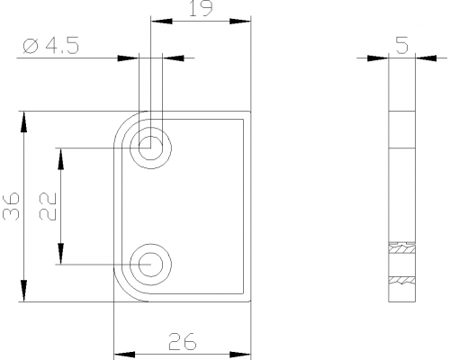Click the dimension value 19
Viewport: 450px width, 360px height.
pos(201,8)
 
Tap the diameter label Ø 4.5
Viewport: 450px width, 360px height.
pos(51,46)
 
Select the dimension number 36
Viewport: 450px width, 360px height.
pos(11,206)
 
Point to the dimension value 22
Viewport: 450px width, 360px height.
pos(48,206)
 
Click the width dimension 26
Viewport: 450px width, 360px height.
pos(183,342)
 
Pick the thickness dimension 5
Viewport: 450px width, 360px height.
pos(402,45)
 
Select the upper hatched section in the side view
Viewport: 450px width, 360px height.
pos(402,248)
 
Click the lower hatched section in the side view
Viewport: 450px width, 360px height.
pos(402,280)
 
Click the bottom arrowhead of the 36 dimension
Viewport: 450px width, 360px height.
pos(23,291)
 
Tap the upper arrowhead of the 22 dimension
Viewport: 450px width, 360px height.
pos(60,159)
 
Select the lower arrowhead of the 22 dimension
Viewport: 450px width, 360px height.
pos(60,254)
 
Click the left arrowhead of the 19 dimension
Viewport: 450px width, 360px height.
pos(162,22)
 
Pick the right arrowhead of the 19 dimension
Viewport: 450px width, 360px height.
pos(240,22)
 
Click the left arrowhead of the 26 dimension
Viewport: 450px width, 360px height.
pos(124,355)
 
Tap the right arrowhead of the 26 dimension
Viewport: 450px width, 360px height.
pos(240,355)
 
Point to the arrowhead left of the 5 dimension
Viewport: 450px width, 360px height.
pos(378,58)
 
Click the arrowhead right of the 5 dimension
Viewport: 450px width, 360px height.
pos(427,58)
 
